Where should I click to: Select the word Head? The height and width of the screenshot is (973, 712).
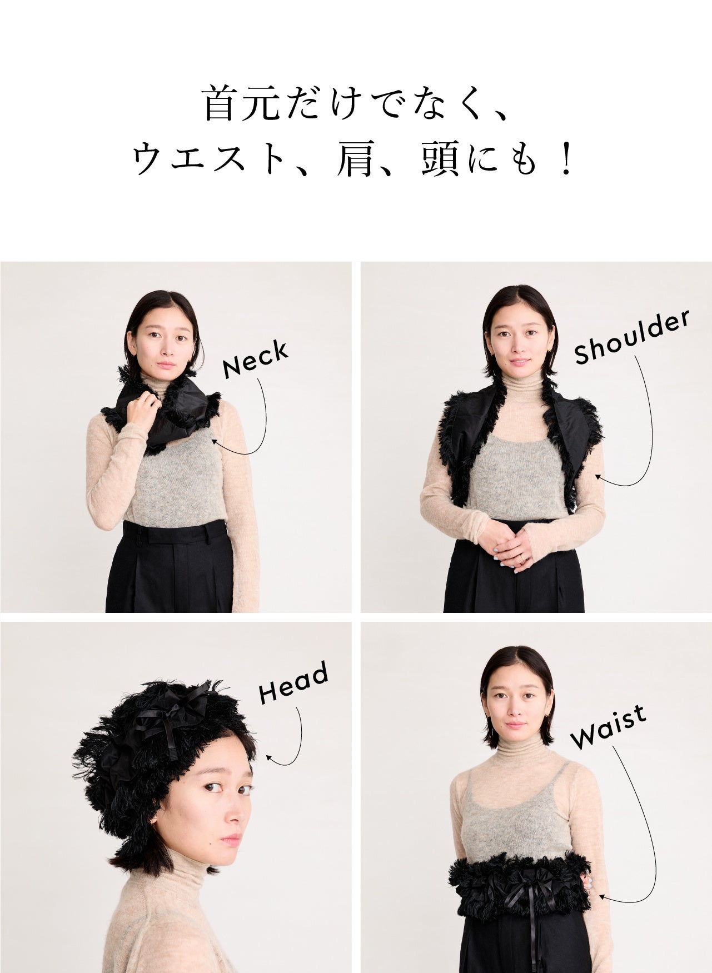[x=293, y=683]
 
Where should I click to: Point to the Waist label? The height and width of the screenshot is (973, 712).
[x=609, y=726]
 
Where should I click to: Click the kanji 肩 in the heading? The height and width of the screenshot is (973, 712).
[x=354, y=159]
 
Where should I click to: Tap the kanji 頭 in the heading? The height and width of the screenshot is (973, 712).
[x=439, y=159]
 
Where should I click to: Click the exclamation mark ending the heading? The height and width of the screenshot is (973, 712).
[x=567, y=159]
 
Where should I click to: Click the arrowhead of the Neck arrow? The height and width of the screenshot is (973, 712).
[x=214, y=441]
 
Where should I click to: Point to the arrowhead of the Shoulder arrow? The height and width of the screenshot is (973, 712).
[x=598, y=476]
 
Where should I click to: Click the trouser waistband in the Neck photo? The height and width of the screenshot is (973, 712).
[x=175, y=532]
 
